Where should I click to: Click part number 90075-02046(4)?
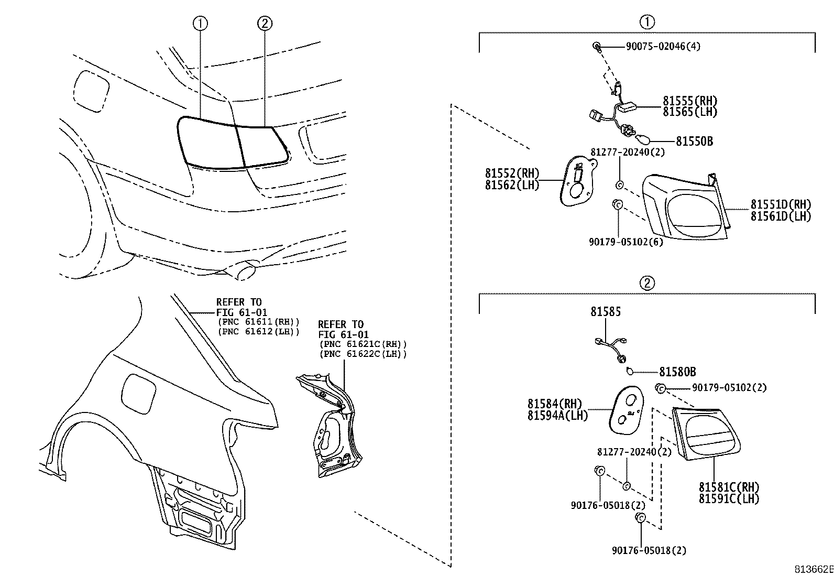click(x=663, y=46)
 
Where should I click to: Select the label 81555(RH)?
click(x=689, y=101)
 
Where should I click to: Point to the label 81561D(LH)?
click(x=780, y=216)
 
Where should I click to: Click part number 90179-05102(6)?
click(x=625, y=242)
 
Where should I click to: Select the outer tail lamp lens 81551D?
click(x=684, y=207)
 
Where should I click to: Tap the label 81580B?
click(x=677, y=372)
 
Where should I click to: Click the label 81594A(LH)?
click(x=557, y=415)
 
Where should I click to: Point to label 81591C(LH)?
click(x=728, y=498)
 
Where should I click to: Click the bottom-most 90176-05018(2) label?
click(x=649, y=550)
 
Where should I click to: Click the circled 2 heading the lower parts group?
click(x=647, y=283)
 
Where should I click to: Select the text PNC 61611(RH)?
click(x=258, y=322)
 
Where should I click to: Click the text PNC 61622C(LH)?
click(x=363, y=354)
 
